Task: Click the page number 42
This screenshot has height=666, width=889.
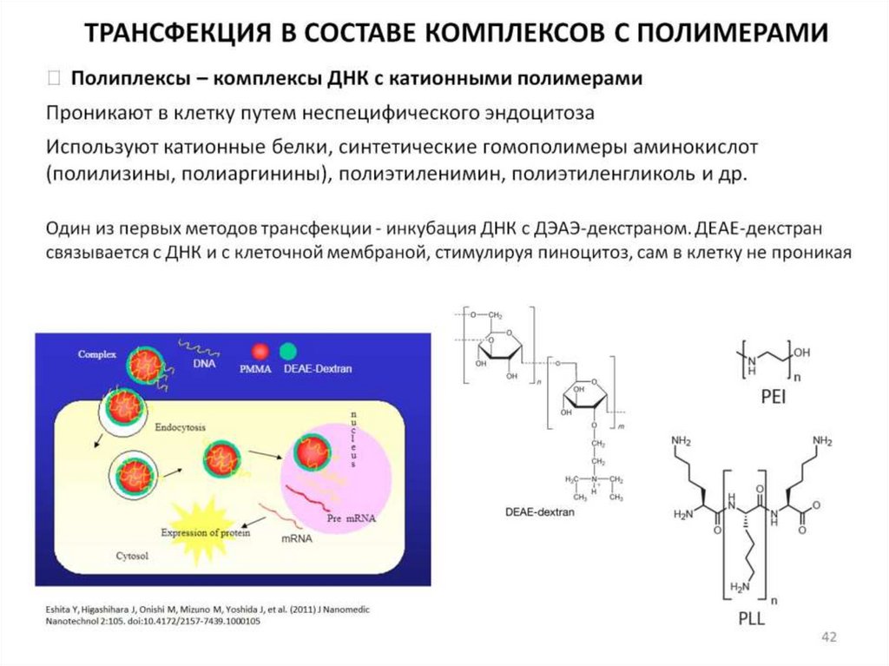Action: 828,639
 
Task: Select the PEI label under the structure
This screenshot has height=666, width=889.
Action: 758,401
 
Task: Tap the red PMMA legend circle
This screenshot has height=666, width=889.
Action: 259,351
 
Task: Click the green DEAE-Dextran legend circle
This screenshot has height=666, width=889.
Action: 287,351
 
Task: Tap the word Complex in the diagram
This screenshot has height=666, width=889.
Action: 96,354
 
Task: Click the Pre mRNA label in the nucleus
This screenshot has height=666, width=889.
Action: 351,518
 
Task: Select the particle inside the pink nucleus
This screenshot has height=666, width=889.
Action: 311,452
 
